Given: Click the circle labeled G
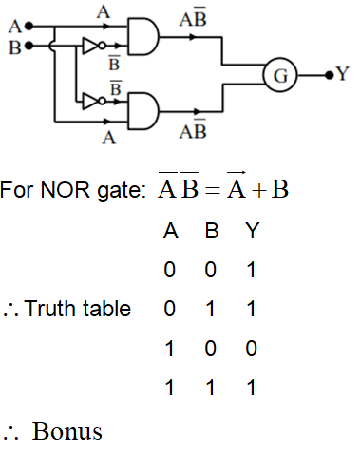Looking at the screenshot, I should click(x=277, y=73).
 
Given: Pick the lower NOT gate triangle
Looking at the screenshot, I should click(x=91, y=100).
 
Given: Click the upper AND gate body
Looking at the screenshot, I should click(x=142, y=36).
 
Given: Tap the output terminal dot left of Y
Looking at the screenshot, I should click(x=328, y=73).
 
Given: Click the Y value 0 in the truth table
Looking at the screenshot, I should click(x=249, y=349).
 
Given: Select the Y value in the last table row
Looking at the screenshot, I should click(x=249, y=388).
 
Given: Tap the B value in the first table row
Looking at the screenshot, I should click(x=210, y=271).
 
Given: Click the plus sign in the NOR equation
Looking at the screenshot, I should click(x=257, y=189).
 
